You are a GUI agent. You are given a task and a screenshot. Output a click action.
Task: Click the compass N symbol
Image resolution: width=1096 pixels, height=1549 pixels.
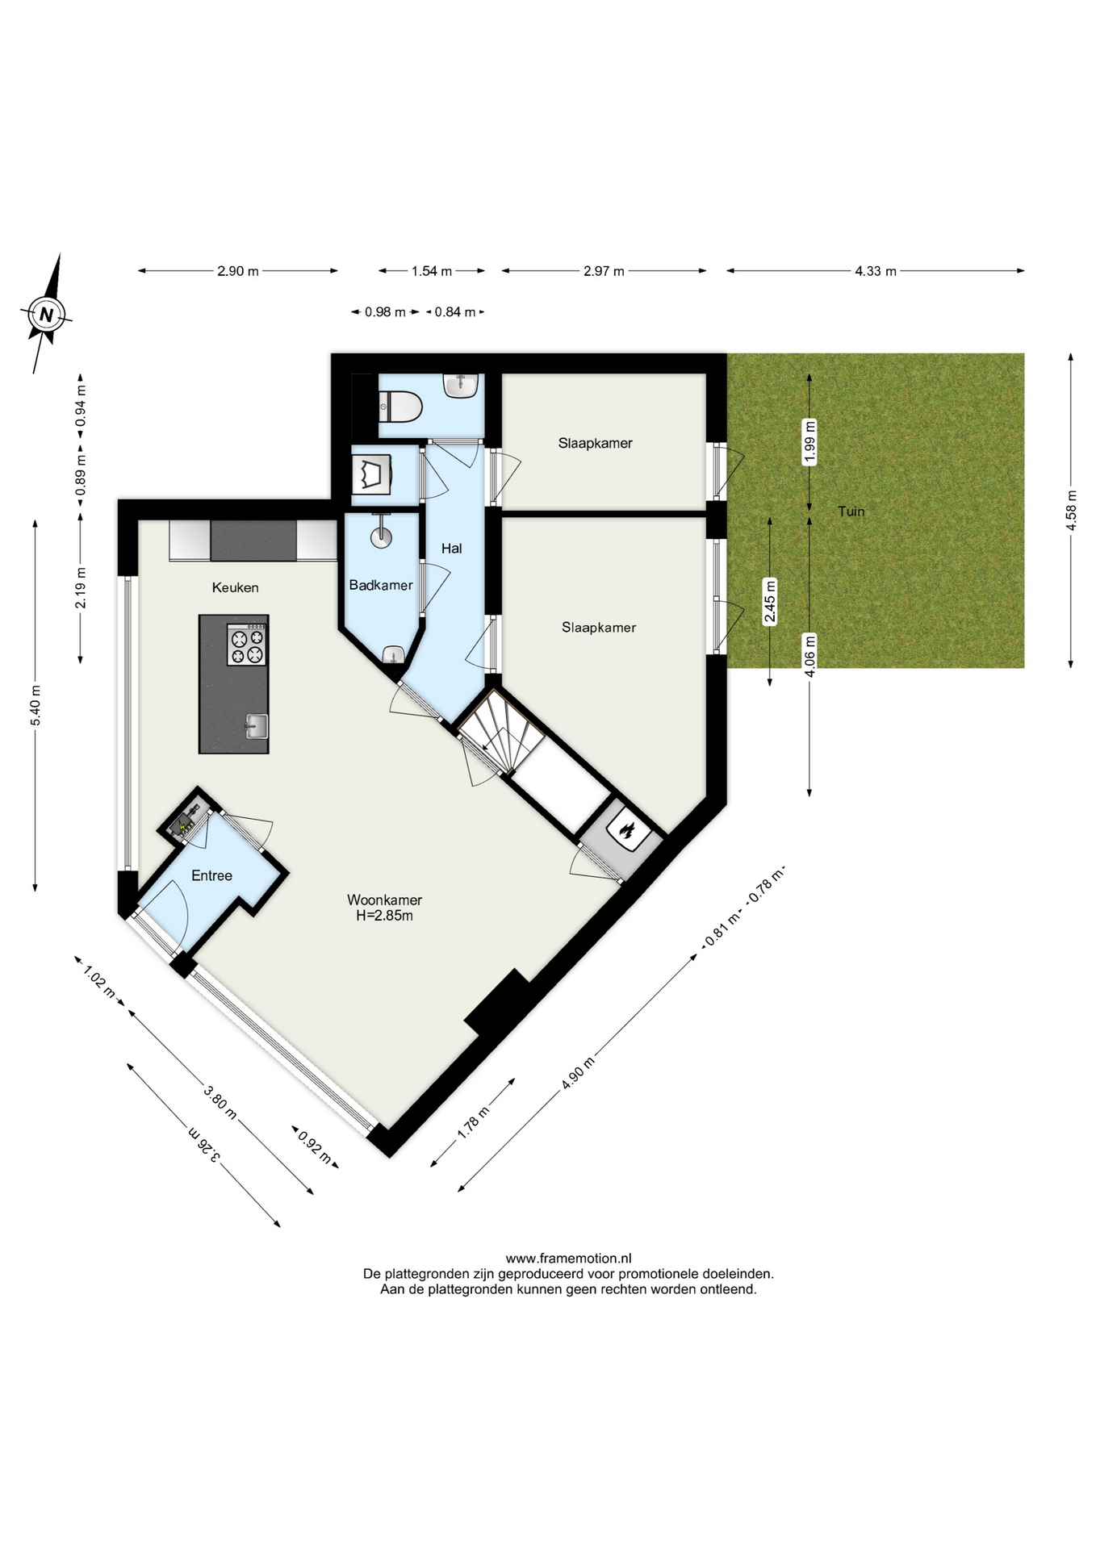[x=46, y=315]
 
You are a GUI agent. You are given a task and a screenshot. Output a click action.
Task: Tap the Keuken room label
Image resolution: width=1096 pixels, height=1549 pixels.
[x=235, y=587]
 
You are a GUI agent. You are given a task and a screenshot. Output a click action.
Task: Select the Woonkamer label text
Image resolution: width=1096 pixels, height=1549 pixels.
[x=384, y=900]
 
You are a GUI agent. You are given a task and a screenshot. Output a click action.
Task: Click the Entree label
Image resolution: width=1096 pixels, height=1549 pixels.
[x=211, y=875]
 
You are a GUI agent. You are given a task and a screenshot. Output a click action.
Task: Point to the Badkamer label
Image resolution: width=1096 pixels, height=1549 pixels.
[x=381, y=585]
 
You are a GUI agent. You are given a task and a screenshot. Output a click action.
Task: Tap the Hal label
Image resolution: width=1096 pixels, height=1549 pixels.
[x=451, y=549]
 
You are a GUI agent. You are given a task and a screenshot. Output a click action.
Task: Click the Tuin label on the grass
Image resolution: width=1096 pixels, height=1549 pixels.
[x=851, y=511]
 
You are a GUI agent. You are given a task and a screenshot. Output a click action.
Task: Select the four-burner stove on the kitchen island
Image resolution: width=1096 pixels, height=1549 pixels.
[x=247, y=645]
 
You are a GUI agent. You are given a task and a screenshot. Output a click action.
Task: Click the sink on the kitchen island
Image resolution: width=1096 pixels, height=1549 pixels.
[x=257, y=726]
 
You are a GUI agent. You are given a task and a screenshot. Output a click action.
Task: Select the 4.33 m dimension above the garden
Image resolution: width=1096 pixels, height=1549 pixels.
[x=876, y=271]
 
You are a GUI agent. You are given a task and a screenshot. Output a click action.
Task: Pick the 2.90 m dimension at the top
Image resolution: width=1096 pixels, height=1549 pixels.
[x=237, y=271]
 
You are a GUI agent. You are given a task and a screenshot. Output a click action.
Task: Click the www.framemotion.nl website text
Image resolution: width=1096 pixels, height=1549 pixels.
[x=568, y=1258]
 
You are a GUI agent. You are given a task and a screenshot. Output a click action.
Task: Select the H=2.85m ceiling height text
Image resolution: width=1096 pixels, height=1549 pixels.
[x=384, y=916]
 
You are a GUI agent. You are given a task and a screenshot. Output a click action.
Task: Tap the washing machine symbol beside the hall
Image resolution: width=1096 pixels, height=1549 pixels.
[x=372, y=474]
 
